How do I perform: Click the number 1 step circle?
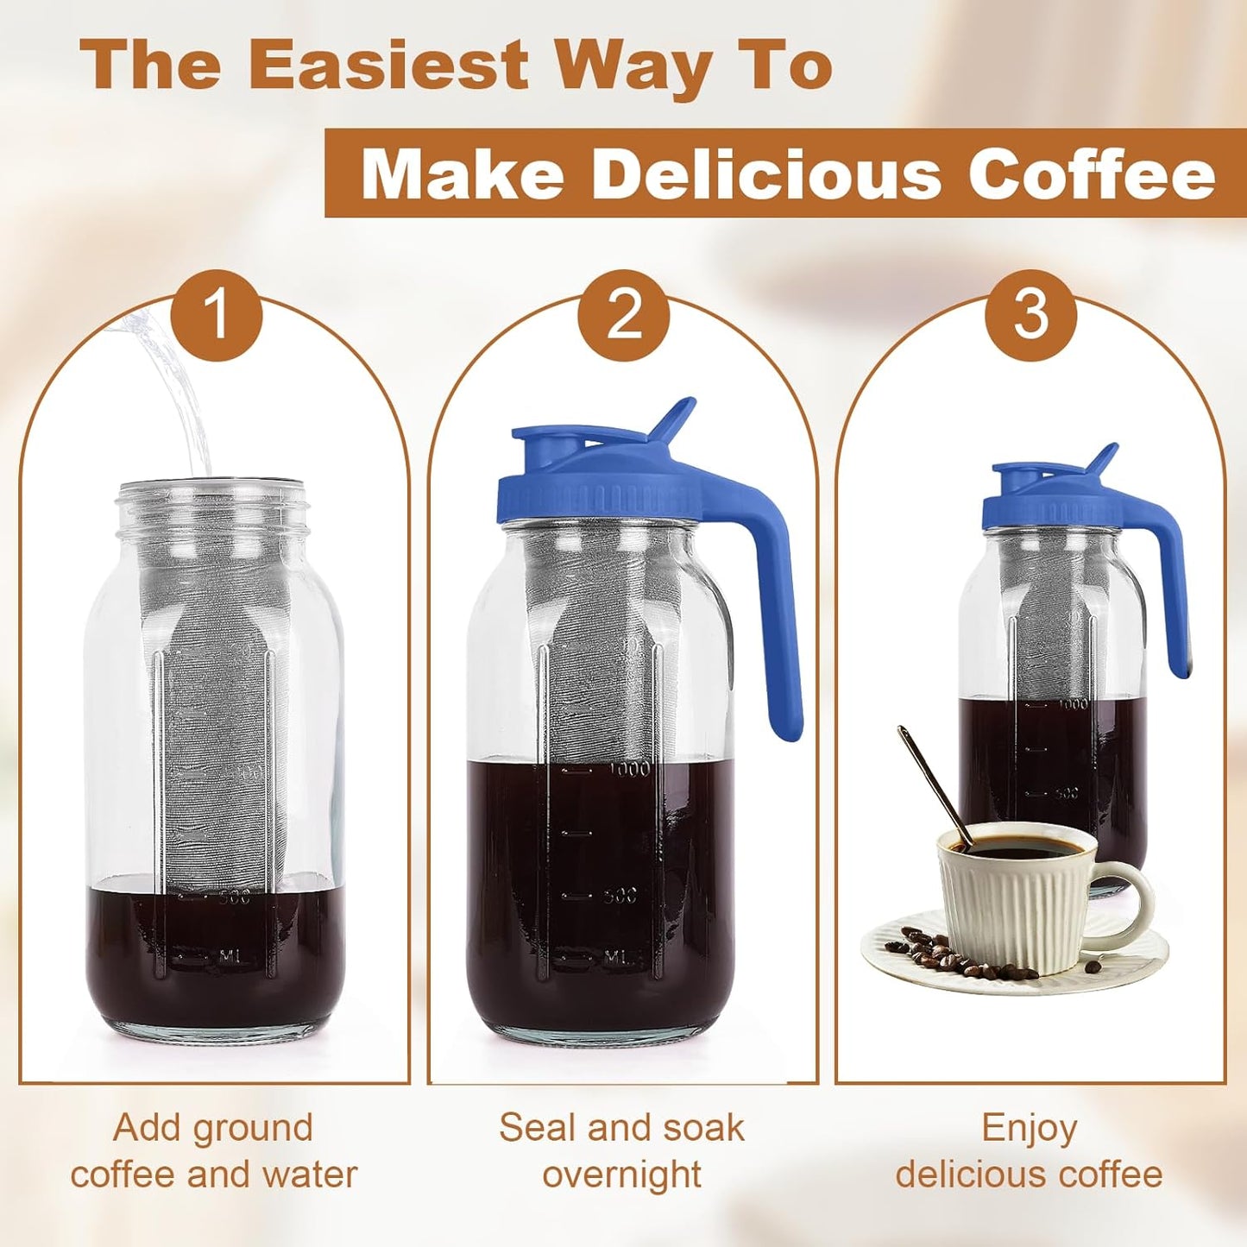[x=217, y=314]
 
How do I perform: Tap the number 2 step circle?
[x=624, y=314]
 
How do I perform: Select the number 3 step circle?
[x=1031, y=314]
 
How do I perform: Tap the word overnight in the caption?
[x=622, y=1175]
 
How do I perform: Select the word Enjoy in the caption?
[x=1030, y=1128]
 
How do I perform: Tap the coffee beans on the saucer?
[x=932, y=954]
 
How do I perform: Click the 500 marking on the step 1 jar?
[x=234, y=897]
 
